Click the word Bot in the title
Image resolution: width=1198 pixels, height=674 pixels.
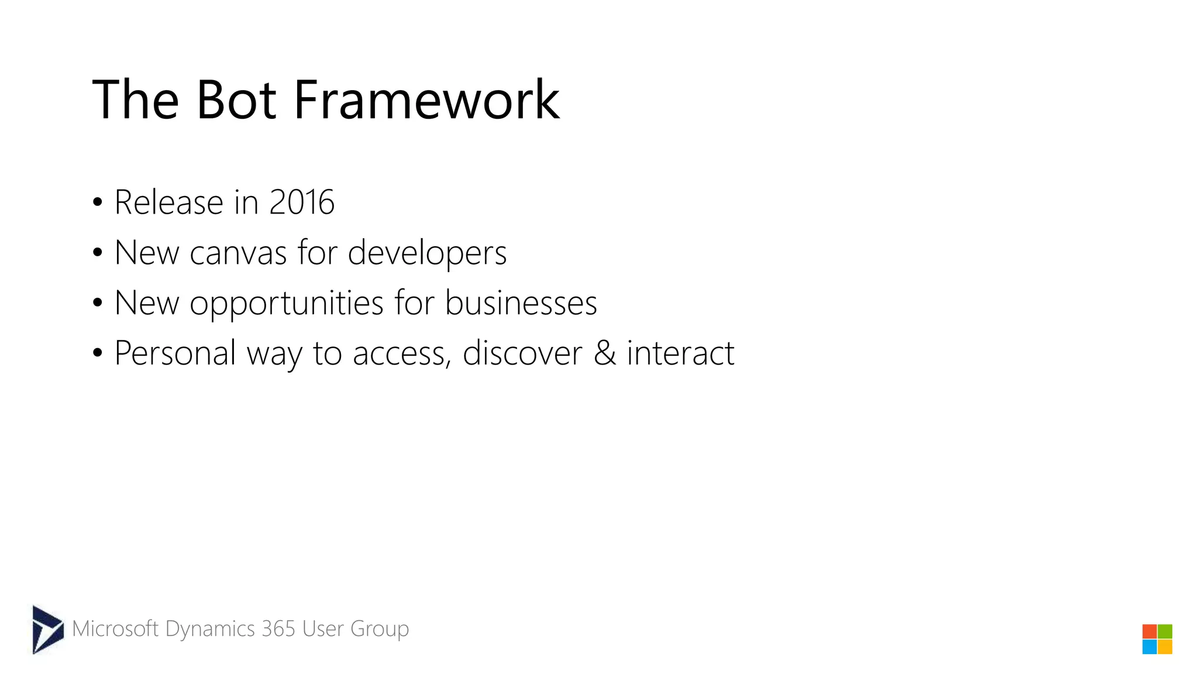coord(236,101)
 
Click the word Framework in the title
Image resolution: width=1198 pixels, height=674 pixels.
coord(426,101)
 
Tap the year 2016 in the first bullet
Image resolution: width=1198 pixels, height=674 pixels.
coord(301,202)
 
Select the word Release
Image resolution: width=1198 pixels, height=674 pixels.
coord(168,202)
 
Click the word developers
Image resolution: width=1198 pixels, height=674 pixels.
coord(427,253)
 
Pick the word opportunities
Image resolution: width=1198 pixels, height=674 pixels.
coord(287,304)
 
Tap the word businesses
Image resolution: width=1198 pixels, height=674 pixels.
coord(521,304)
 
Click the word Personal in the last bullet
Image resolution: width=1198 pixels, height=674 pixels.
coord(175,353)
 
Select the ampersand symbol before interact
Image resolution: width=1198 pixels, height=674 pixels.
coord(605,353)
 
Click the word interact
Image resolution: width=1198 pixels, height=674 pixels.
coord(680,353)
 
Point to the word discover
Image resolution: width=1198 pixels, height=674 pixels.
coord(522,353)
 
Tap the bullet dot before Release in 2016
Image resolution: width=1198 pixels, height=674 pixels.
coord(98,203)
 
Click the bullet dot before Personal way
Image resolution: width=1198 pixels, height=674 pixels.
coord(98,353)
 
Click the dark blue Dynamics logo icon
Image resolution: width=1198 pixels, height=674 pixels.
coord(47,630)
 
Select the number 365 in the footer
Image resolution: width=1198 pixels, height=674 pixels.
coord(278,629)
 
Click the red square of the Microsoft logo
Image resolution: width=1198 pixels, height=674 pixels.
coord(1149,632)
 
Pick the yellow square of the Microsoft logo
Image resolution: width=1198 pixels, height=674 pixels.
coord(1165,647)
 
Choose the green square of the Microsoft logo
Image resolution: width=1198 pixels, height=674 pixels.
coord(1165,632)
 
